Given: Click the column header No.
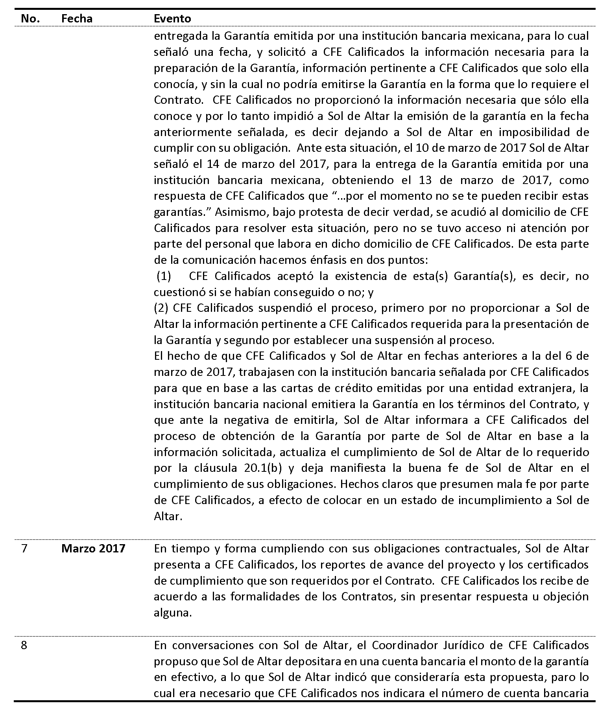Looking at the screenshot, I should [x=30, y=18].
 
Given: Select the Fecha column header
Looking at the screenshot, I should [x=77, y=18].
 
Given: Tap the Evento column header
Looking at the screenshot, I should [x=172, y=18].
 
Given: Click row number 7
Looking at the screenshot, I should [x=24, y=548].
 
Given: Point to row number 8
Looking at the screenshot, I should [x=24, y=645].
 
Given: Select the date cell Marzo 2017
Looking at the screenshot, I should [x=93, y=548].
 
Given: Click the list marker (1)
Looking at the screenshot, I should [x=164, y=276].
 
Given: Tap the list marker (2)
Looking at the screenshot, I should [x=161, y=308].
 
